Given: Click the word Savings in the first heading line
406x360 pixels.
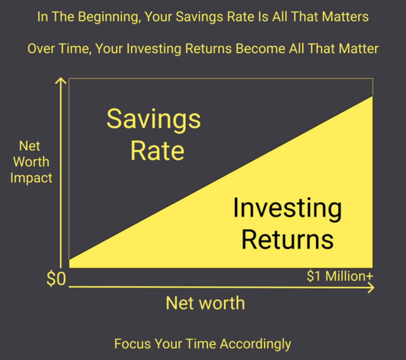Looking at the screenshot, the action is pos(199,17).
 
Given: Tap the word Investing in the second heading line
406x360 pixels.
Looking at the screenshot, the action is pos(154,49).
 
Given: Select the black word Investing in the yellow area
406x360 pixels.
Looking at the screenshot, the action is pos(287,209).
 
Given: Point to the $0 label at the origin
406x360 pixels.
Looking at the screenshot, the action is pos(56,279).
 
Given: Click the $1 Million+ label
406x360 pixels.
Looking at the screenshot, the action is pos(340,276).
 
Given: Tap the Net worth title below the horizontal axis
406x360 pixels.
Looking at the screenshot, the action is pos(205,303).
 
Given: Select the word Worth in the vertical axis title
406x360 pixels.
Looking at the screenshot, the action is pos(31,162).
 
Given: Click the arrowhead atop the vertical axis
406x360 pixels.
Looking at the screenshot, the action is pos(61,81).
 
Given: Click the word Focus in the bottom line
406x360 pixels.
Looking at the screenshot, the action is pos(133,344).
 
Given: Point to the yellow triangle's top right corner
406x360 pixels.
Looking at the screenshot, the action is pos(373,96).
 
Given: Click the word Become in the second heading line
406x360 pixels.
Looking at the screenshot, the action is pos(260,49).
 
